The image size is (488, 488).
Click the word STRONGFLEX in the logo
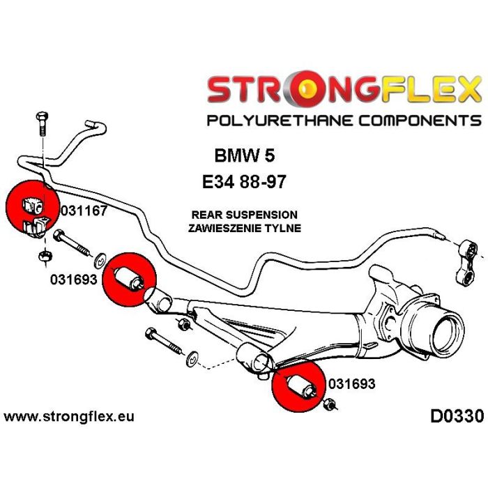344,90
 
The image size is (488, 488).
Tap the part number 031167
84,211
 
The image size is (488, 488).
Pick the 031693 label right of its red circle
351,383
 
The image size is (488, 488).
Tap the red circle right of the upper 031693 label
130,277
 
